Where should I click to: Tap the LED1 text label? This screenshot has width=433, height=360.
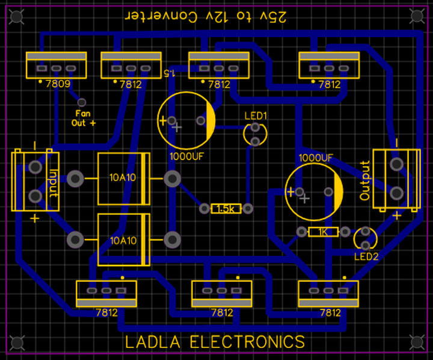(x=255, y=115)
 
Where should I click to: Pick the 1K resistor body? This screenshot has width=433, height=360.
(x=322, y=232)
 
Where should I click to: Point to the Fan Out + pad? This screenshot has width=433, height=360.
(x=82, y=102)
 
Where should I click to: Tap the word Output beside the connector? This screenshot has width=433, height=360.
(x=364, y=181)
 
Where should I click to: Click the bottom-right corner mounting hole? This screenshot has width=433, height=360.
(x=416, y=342)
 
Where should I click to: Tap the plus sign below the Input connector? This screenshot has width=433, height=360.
(x=35, y=218)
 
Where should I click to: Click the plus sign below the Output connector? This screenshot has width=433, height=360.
(x=396, y=215)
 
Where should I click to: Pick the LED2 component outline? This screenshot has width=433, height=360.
(x=364, y=238)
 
